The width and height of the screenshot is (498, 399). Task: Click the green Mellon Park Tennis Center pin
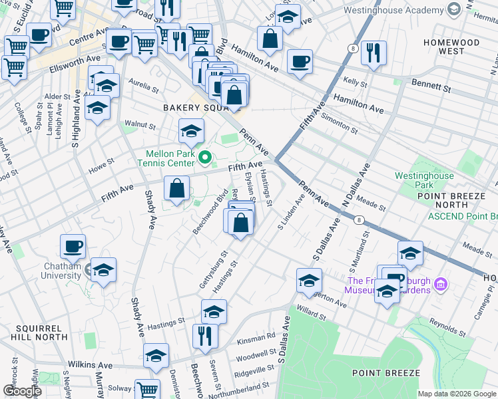205,158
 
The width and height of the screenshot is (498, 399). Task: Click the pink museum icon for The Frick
440,285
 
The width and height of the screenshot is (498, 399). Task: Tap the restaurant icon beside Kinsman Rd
205,336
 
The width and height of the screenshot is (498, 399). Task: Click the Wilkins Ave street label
90,365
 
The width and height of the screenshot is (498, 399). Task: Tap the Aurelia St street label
143,86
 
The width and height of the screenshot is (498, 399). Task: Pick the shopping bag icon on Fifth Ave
176,189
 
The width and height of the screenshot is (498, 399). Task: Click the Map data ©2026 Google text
457,394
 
